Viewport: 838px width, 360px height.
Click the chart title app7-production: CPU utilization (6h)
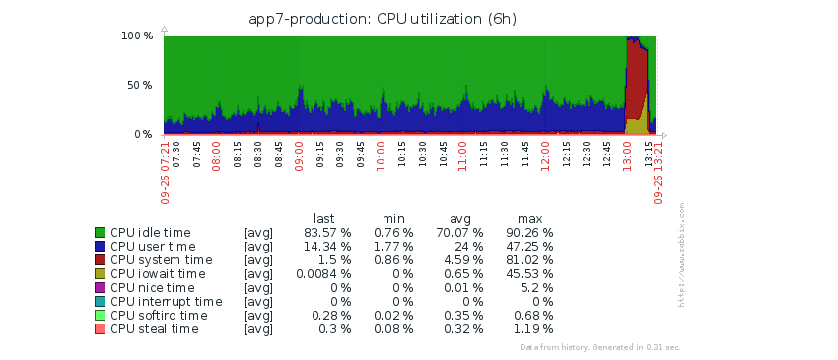click(x=383, y=19)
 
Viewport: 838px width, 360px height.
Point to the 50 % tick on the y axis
click(x=138, y=85)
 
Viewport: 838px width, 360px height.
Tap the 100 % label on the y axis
click(x=137, y=36)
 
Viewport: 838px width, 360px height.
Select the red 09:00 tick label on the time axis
click(x=299, y=156)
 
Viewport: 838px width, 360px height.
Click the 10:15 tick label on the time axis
click(x=402, y=155)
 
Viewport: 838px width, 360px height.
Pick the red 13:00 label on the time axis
click(x=627, y=156)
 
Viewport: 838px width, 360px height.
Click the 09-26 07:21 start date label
click(x=166, y=173)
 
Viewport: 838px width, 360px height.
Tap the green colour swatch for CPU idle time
click(x=100, y=232)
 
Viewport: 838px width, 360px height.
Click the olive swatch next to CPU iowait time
click(x=100, y=274)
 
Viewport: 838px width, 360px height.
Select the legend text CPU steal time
click(x=155, y=329)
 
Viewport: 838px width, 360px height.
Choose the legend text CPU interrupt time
click(x=167, y=302)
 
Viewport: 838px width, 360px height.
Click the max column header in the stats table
click(x=529, y=219)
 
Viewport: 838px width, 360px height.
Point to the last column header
click(x=324, y=218)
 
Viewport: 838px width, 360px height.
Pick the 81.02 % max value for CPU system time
click(x=529, y=260)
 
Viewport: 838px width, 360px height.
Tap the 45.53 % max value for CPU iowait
click(x=529, y=274)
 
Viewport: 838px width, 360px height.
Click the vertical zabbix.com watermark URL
click(x=681, y=254)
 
